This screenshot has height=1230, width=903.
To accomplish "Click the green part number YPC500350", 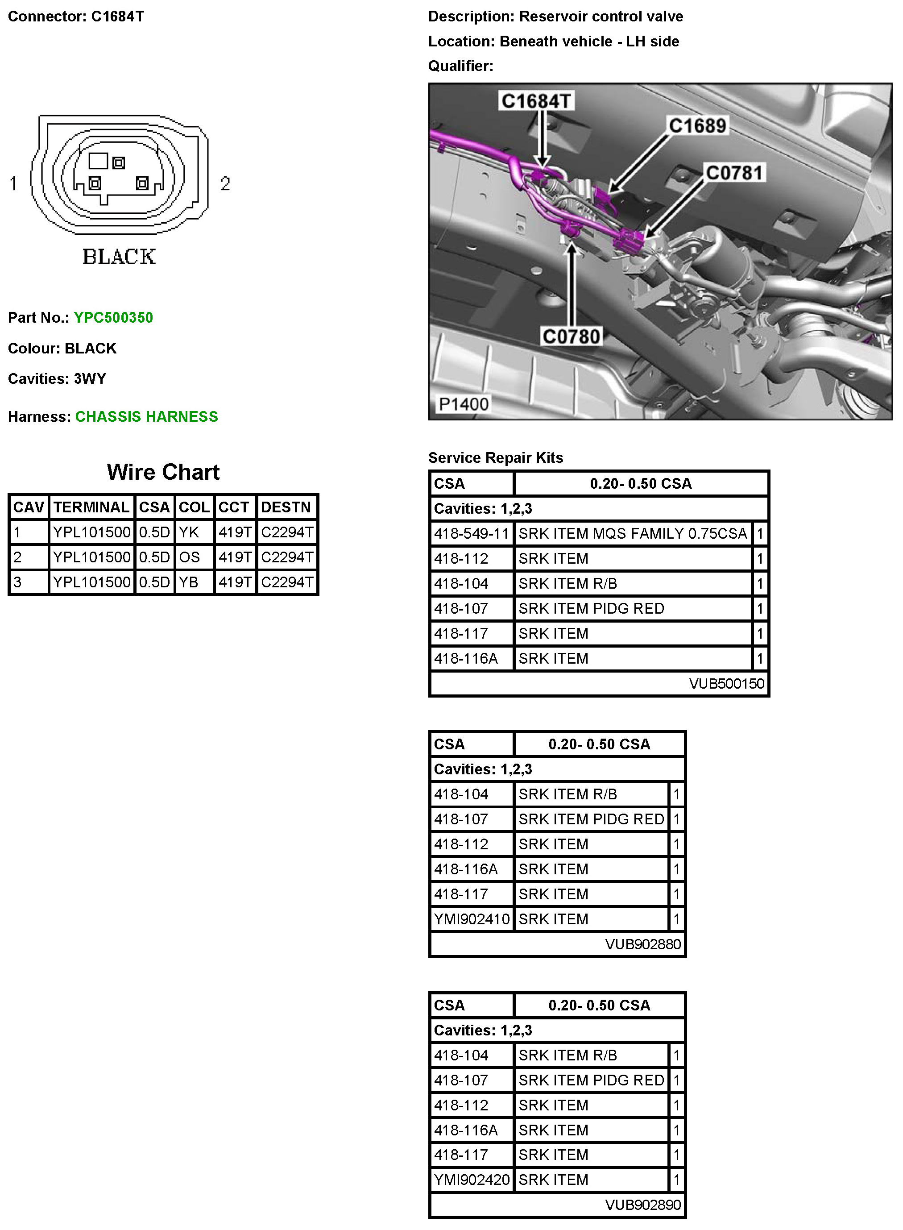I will [113, 318].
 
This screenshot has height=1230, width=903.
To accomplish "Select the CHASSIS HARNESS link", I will [146, 416].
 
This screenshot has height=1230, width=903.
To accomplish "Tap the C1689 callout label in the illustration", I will [697, 126].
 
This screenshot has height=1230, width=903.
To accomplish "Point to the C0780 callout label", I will [571, 336].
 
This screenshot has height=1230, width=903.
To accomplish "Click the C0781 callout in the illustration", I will [734, 173].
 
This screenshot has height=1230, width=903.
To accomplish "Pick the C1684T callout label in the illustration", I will [536, 101].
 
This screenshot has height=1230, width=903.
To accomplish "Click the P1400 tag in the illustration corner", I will [464, 404].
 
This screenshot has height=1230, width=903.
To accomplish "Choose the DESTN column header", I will [286, 507].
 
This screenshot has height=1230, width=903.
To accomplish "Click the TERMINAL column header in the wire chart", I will [91, 507].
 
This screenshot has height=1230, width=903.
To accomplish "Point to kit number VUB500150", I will [726, 684].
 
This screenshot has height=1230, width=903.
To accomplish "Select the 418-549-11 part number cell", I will [471, 533].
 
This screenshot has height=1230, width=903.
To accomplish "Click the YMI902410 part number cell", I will [471, 919].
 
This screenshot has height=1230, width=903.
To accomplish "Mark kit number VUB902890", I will [643, 1205].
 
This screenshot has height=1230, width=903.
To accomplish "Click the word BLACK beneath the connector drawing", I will [119, 256].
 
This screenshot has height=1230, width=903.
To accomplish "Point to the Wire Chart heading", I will [163, 472].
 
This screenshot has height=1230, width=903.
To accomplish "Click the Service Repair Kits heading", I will [495, 457].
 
